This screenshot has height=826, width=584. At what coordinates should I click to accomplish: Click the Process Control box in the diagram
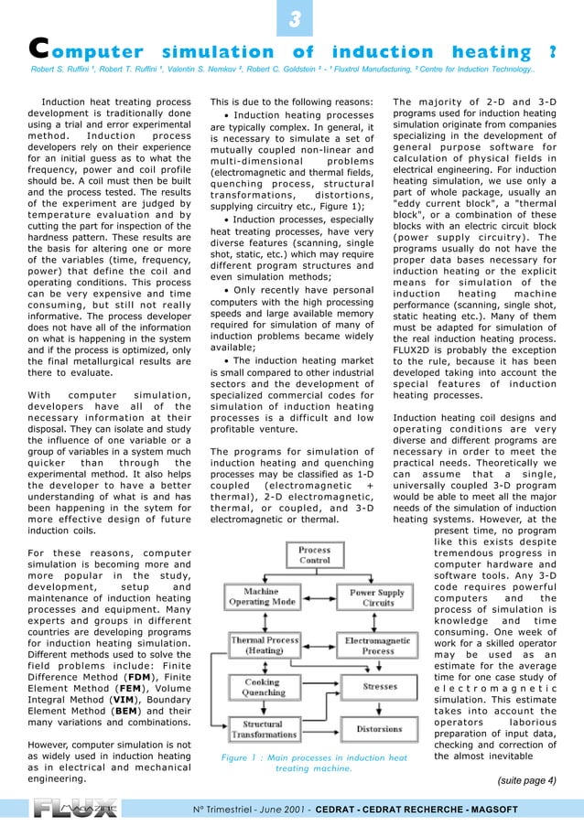click(314, 555)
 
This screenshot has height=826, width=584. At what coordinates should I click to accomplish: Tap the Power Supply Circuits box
click(377, 597)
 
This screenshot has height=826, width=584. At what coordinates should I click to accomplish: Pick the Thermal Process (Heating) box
click(263, 646)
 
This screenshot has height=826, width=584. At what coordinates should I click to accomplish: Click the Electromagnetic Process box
click(377, 646)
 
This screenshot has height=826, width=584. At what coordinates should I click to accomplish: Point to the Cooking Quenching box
click(263, 688)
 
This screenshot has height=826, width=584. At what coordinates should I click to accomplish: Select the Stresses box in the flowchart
click(380, 685)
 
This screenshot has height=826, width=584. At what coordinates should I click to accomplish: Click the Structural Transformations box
click(263, 729)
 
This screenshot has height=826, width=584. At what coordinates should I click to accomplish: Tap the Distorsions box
click(379, 729)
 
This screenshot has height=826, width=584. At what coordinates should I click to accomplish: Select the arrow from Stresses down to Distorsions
click(380, 707)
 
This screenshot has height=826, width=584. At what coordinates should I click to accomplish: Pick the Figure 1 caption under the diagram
click(314, 763)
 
